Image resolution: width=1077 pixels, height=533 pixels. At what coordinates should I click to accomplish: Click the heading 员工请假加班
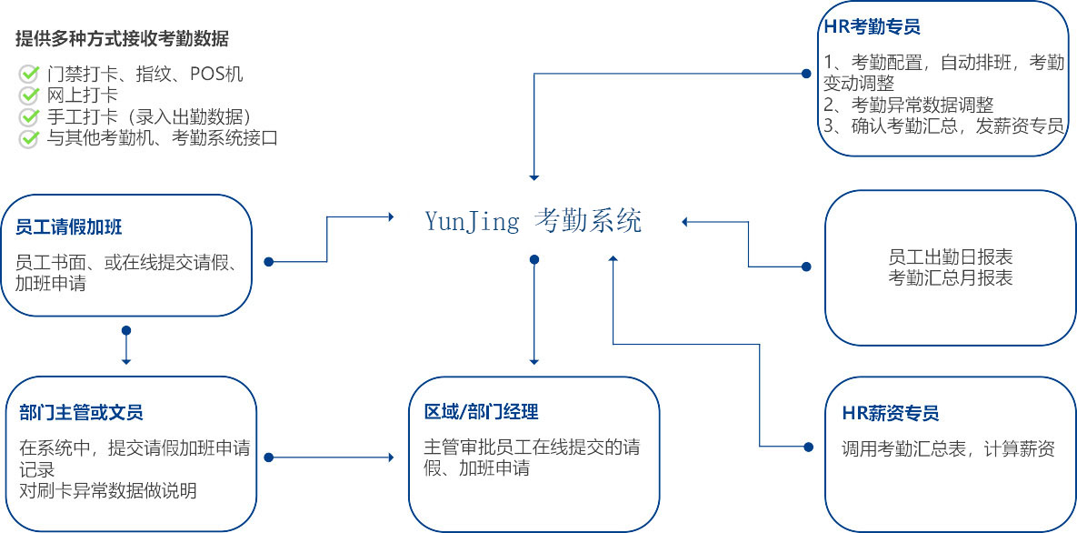69,227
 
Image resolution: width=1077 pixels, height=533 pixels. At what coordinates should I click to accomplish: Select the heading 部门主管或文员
81,413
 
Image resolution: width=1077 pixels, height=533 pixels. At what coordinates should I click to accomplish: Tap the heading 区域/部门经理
481,412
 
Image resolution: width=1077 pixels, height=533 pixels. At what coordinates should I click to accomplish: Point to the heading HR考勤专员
873,27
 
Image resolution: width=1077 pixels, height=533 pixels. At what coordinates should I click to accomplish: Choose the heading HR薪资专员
890,413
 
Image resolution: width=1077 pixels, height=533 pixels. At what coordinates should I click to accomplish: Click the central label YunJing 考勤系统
533,221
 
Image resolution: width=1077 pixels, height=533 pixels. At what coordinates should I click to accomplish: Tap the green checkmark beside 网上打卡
29,95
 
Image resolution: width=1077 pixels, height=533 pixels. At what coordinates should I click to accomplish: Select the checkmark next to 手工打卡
29,116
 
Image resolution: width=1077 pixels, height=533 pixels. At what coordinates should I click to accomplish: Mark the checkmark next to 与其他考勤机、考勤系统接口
29,138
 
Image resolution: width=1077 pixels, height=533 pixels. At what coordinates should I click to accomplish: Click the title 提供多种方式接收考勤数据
123,39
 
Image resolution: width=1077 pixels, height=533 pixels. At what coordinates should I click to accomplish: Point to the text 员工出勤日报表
951,258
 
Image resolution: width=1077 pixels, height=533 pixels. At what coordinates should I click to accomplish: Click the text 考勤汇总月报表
951,277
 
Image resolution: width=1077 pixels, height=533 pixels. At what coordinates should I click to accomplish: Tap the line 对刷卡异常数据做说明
108,490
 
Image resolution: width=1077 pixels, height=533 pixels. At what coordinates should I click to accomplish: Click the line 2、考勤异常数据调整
909,105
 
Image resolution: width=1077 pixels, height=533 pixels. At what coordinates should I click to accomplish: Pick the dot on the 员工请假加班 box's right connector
269,262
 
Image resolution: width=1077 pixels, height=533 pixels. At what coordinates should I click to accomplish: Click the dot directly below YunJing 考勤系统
534,259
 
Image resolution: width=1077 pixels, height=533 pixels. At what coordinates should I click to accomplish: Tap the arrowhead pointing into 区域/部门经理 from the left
392,458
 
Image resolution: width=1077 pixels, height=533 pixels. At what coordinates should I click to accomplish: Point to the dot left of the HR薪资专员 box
809,447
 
